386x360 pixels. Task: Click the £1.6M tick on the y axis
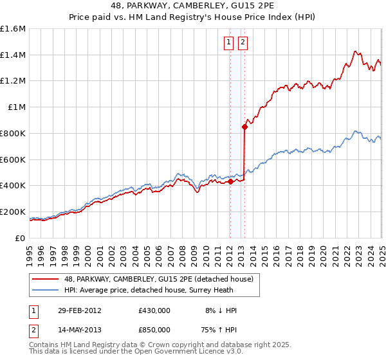click(x=13, y=29)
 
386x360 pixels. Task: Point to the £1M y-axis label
click(x=15, y=107)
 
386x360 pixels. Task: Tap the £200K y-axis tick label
click(x=13, y=212)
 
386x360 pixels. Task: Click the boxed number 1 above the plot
click(x=229, y=43)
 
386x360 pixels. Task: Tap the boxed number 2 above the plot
click(x=243, y=43)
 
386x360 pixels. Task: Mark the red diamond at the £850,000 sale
click(x=244, y=127)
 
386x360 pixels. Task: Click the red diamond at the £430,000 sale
click(x=230, y=182)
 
